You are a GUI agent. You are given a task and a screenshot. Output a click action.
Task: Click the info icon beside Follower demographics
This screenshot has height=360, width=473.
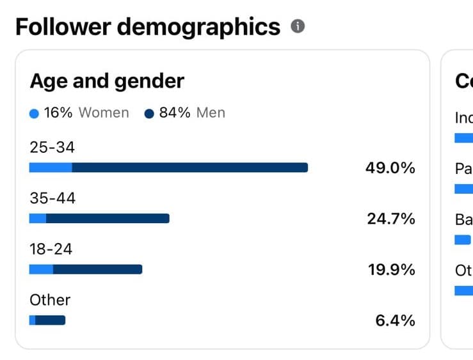click(297, 27)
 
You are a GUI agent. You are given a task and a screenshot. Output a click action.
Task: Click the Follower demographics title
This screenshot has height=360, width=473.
click(148, 27)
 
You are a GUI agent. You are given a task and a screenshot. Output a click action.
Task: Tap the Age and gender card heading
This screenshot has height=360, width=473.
click(107, 81)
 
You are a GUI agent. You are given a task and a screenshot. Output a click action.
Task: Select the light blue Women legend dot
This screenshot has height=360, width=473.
click(34, 114)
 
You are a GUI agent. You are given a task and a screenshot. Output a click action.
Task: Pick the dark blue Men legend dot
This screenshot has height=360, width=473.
click(149, 114)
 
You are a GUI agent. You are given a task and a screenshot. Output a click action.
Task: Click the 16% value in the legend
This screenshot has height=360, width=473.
click(59, 113)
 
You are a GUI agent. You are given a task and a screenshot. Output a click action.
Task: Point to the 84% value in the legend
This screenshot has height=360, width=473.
click(175, 113)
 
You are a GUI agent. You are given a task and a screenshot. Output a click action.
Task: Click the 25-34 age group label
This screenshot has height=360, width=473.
click(52, 148)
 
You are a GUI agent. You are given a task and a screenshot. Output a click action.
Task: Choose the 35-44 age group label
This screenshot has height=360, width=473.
click(52, 198)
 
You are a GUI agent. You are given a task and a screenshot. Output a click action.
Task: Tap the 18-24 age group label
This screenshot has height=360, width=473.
click(51, 249)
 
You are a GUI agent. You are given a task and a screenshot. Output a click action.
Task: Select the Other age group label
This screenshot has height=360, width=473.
click(50, 300)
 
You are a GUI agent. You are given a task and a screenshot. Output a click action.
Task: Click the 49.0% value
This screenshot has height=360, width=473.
click(390, 168)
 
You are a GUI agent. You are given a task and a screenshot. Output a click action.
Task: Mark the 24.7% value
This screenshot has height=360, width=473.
click(391, 219)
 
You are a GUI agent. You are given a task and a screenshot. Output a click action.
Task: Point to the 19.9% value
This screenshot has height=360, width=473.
click(392, 270)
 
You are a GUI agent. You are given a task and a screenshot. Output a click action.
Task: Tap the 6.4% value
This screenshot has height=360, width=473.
click(395, 320)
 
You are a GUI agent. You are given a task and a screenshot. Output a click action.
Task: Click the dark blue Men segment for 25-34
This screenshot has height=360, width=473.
click(189, 168)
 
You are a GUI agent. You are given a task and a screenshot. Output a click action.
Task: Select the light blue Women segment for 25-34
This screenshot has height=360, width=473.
click(51, 168)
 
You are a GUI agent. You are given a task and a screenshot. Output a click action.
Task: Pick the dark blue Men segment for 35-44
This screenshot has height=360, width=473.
click(108, 219)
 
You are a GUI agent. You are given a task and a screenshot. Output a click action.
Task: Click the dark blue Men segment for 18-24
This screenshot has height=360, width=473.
click(97, 269)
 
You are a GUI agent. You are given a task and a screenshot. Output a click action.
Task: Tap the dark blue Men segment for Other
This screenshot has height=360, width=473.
click(51, 320)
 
